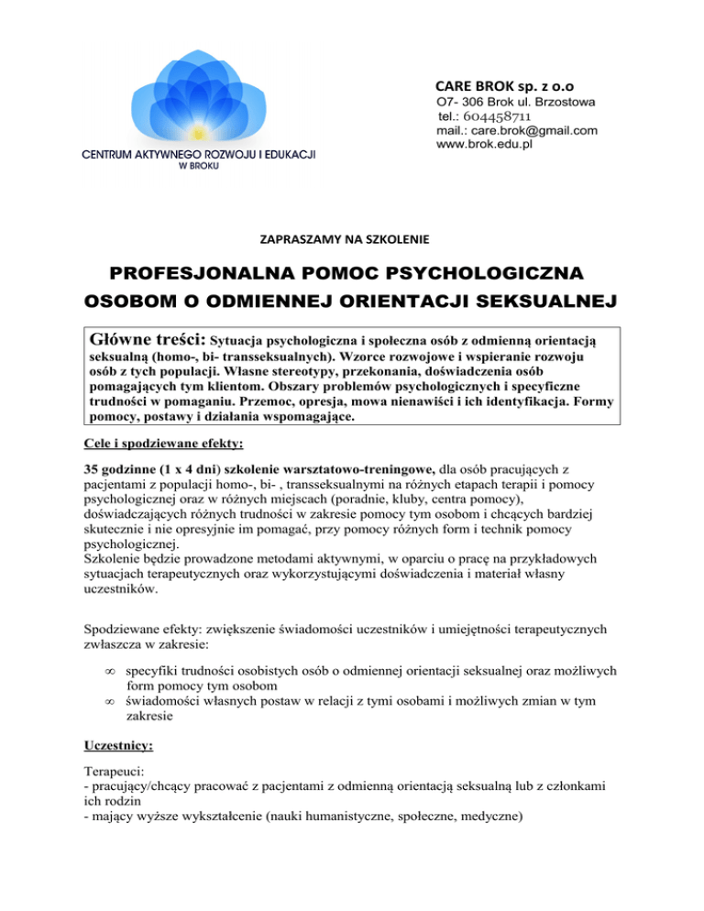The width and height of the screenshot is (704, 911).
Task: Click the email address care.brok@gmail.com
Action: (517, 130)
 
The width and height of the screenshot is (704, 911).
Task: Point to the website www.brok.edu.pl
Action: (485, 144)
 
